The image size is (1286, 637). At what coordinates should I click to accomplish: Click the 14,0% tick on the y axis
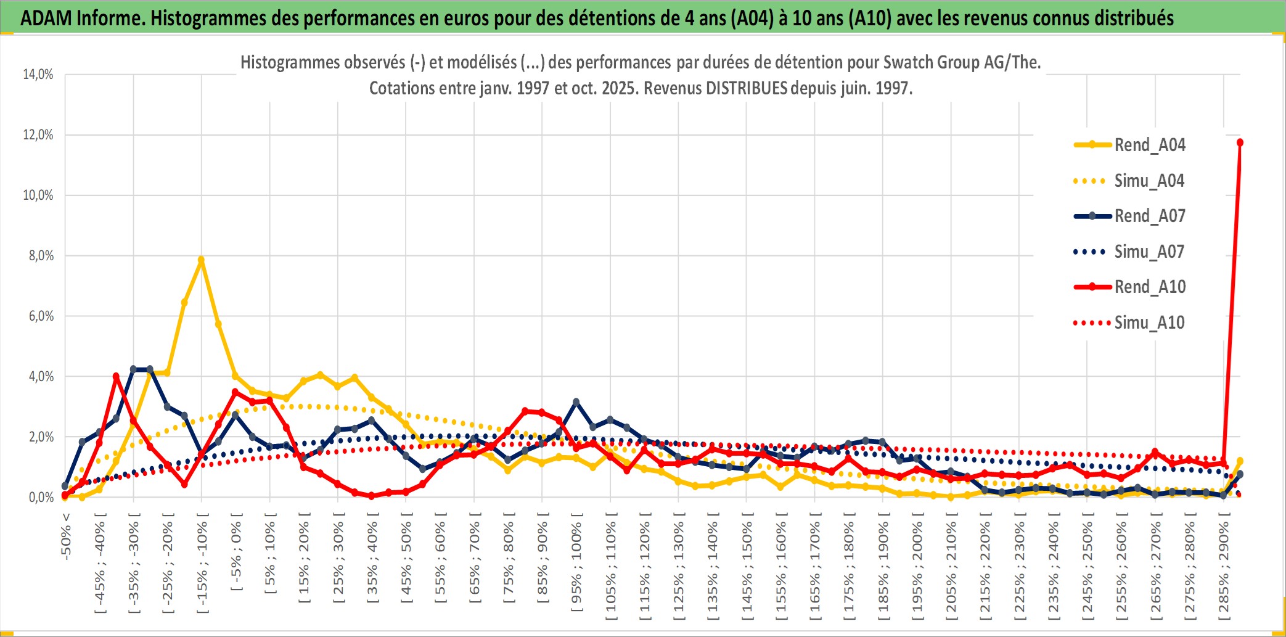pyautogui.click(x=38, y=75)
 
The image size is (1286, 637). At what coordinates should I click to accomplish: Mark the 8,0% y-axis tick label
pyautogui.click(x=41, y=256)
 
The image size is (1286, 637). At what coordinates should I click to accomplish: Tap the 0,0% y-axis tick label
pyautogui.click(x=41, y=498)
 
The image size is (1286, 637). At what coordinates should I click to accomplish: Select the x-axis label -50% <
pyautogui.click(x=66, y=536)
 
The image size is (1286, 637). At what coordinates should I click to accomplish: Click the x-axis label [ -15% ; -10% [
pyautogui.click(x=202, y=562)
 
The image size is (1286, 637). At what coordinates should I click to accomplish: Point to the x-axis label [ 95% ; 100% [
pyautogui.click(x=576, y=562)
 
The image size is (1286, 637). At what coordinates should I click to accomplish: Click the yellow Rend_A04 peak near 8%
pyautogui.click(x=201, y=260)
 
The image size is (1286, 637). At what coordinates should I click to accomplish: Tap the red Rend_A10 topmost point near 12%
pyautogui.click(x=1240, y=142)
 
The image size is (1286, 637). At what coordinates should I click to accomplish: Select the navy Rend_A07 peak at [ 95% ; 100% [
pyautogui.click(x=576, y=402)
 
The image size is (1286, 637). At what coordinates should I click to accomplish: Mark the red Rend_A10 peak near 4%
pyautogui.click(x=116, y=376)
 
